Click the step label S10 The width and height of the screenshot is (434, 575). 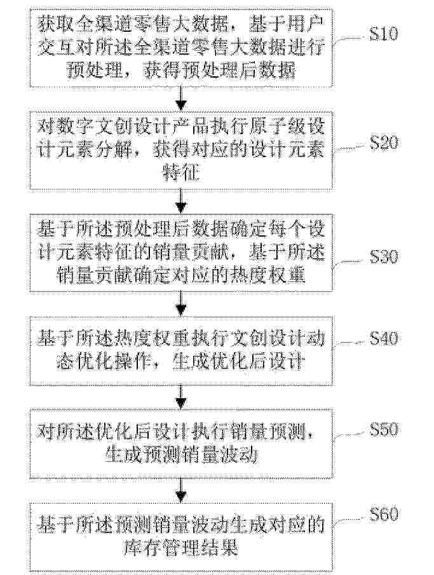383,34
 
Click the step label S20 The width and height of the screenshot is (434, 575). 383,142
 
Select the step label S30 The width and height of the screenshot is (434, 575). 383,256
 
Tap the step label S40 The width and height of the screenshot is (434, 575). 383,338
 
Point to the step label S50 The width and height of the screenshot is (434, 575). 383,429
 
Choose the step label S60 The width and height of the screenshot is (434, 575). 383,514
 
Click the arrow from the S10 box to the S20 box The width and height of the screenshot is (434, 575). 181,99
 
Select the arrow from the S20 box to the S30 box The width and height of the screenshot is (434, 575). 181,201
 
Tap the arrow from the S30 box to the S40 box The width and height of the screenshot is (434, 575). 181,303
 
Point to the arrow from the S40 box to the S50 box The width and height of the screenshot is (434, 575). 181,396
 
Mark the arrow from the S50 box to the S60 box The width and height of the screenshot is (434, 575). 181,490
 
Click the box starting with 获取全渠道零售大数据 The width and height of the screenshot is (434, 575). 181,48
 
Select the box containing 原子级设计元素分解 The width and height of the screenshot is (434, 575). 181,150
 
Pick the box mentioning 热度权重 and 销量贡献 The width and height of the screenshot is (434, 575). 181,253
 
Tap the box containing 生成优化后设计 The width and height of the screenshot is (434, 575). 181,350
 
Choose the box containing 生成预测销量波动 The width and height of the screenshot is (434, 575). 181,444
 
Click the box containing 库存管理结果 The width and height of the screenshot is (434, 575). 181,537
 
